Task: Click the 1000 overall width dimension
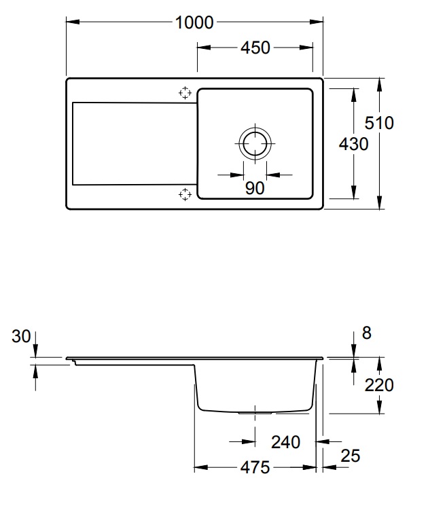[x=194, y=23]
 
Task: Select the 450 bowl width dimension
[x=255, y=48]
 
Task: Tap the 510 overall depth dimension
[x=379, y=123]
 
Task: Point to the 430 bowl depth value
[x=353, y=144]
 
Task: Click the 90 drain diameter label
[x=255, y=188]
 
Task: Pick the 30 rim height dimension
[x=21, y=336]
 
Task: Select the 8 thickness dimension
[x=366, y=333]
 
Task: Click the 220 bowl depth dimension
[x=379, y=385]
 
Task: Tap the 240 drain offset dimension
[x=285, y=442]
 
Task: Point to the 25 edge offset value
[x=350, y=456]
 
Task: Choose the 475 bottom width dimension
[x=255, y=468]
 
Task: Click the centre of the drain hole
[x=255, y=143]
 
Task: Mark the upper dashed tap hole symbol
[x=185, y=93]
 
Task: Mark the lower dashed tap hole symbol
[x=185, y=194]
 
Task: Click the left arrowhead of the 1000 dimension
[x=73, y=22]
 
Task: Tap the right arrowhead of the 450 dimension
[x=306, y=48]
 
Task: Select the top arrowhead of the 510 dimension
[x=380, y=85]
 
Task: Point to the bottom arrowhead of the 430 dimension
[x=354, y=192]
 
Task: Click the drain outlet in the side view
[x=255, y=413]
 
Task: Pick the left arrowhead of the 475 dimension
[x=201, y=468]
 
